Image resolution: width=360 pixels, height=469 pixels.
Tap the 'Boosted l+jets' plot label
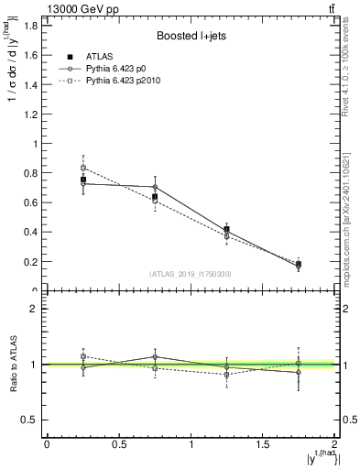(191, 36)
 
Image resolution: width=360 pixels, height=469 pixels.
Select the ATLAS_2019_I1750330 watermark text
(191, 273)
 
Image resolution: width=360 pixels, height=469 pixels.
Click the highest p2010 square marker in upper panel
(83, 168)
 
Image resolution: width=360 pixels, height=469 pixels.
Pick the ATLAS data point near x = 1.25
(227, 230)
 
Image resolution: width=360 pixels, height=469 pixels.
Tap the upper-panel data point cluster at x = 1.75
(299, 265)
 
